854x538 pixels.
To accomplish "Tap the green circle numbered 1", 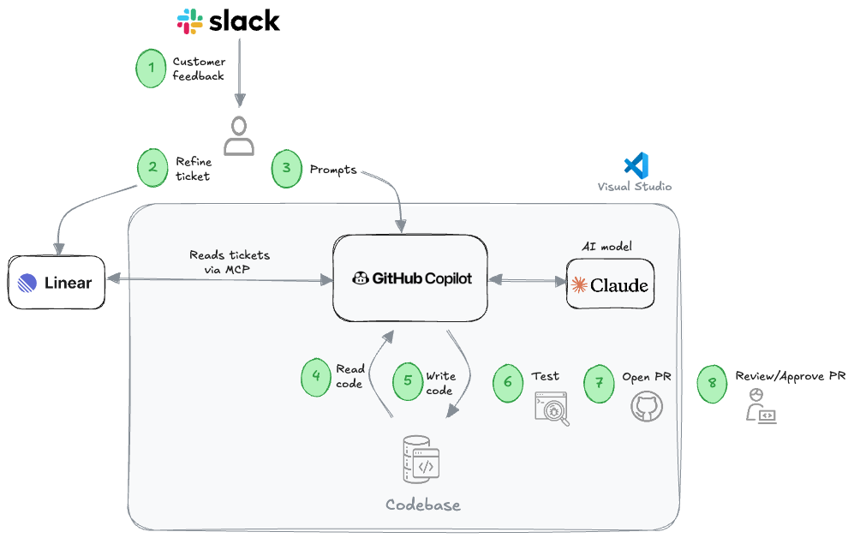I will (x=151, y=69).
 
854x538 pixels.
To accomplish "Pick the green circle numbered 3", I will (x=287, y=169).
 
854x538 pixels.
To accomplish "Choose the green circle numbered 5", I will (x=408, y=380).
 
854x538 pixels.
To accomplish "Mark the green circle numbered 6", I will (x=508, y=382).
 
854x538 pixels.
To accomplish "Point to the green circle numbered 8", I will (x=713, y=383).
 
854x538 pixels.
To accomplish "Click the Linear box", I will (x=57, y=282).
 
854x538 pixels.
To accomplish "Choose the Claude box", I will (x=610, y=284).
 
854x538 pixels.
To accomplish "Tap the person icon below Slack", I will (x=239, y=135).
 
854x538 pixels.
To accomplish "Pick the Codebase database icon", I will (x=420, y=460).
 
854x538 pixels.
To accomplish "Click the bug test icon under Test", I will (x=552, y=409).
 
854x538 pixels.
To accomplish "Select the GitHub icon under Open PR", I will (x=647, y=406).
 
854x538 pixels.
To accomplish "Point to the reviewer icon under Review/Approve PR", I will (x=761, y=406).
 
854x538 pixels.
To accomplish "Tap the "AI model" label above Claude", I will (x=606, y=246).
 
